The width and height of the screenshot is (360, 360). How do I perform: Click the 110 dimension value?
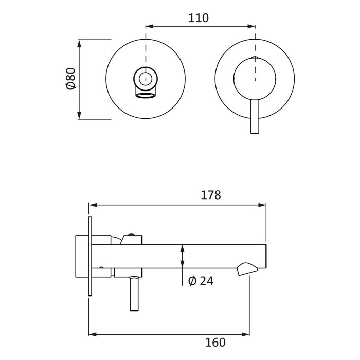(x=198, y=19)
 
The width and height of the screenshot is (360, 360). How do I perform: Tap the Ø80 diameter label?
(x=71, y=79)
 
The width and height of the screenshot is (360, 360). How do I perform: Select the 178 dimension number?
(x=210, y=195)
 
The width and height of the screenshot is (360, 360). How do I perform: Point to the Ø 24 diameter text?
(x=201, y=281)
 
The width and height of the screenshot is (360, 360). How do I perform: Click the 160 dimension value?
(x=215, y=343)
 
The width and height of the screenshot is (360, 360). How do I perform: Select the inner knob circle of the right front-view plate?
(x=255, y=78)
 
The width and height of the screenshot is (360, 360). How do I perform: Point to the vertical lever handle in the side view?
(x=134, y=294)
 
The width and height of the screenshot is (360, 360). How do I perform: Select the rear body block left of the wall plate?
(x=82, y=256)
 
